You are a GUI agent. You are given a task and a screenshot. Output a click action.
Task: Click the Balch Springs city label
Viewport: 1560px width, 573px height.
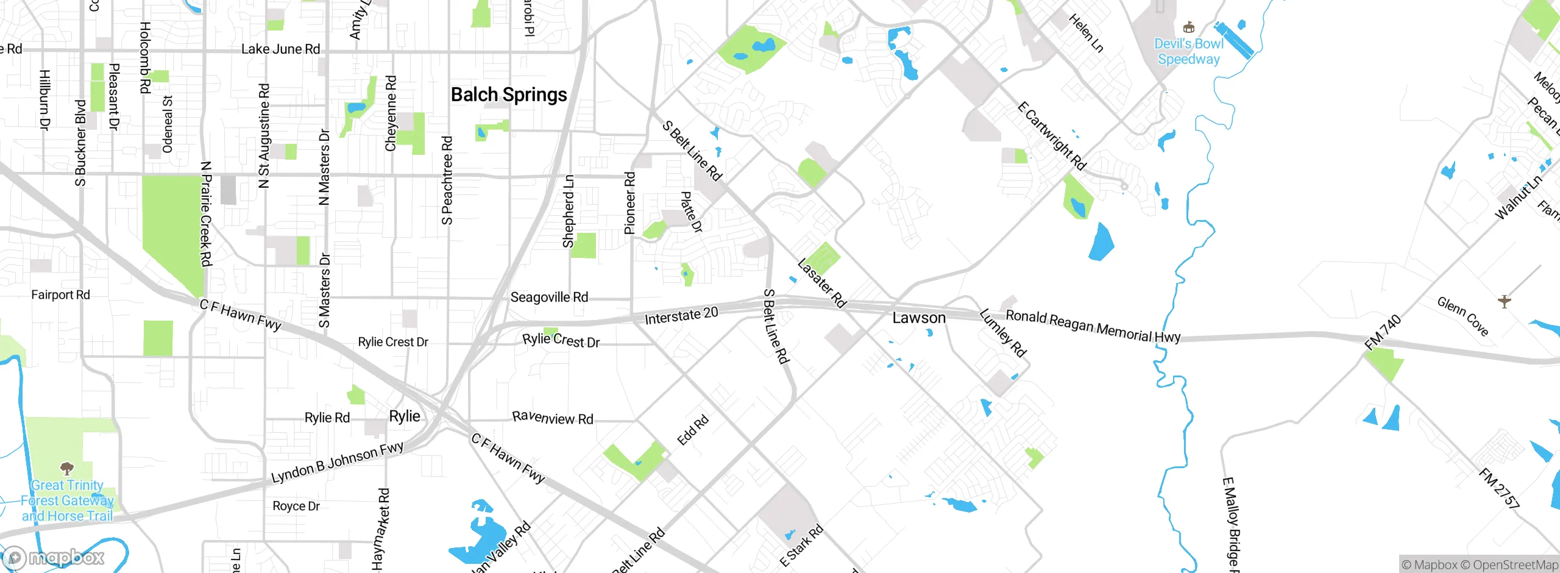(x=509, y=95)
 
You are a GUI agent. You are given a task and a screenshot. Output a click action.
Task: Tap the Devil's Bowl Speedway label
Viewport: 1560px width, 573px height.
(x=1188, y=52)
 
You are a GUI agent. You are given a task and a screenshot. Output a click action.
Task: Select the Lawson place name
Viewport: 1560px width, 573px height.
(x=919, y=318)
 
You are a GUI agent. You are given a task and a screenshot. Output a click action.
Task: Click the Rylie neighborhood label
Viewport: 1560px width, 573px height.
(x=405, y=416)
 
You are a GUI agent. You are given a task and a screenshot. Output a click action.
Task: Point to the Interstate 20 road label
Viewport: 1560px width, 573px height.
(x=681, y=316)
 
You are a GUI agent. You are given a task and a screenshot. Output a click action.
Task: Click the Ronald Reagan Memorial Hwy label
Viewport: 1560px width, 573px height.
(x=1093, y=326)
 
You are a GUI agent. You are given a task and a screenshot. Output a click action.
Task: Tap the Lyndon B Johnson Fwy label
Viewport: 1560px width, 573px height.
(x=337, y=462)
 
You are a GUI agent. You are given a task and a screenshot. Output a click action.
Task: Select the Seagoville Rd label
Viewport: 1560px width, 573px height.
(x=549, y=297)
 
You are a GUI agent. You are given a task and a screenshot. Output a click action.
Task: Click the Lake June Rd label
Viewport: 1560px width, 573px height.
(x=280, y=49)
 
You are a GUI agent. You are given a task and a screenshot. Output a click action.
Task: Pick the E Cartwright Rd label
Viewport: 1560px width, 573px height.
(x=1051, y=136)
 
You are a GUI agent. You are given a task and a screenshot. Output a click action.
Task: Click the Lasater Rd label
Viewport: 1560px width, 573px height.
(x=821, y=283)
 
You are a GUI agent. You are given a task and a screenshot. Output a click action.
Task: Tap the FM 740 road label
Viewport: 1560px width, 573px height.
(x=1383, y=332)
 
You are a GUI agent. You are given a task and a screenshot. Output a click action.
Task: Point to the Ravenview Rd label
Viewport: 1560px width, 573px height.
(x=552, y=418)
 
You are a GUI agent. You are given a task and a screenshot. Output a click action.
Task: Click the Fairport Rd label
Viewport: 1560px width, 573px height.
(x=60, y=295)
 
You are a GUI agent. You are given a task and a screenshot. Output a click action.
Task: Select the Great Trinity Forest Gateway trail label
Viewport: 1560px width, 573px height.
(x=67, y=501)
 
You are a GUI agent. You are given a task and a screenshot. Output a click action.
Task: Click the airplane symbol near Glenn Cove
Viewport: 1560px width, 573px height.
(x=1505, y=301)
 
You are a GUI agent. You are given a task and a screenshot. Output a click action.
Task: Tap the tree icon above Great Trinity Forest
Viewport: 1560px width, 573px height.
(x=67, y=468)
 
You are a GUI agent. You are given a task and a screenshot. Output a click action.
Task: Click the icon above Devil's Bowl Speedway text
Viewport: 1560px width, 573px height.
(x=1188, y=27)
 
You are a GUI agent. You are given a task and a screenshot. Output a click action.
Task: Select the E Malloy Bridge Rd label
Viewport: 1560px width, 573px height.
(x=1230, y=524)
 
